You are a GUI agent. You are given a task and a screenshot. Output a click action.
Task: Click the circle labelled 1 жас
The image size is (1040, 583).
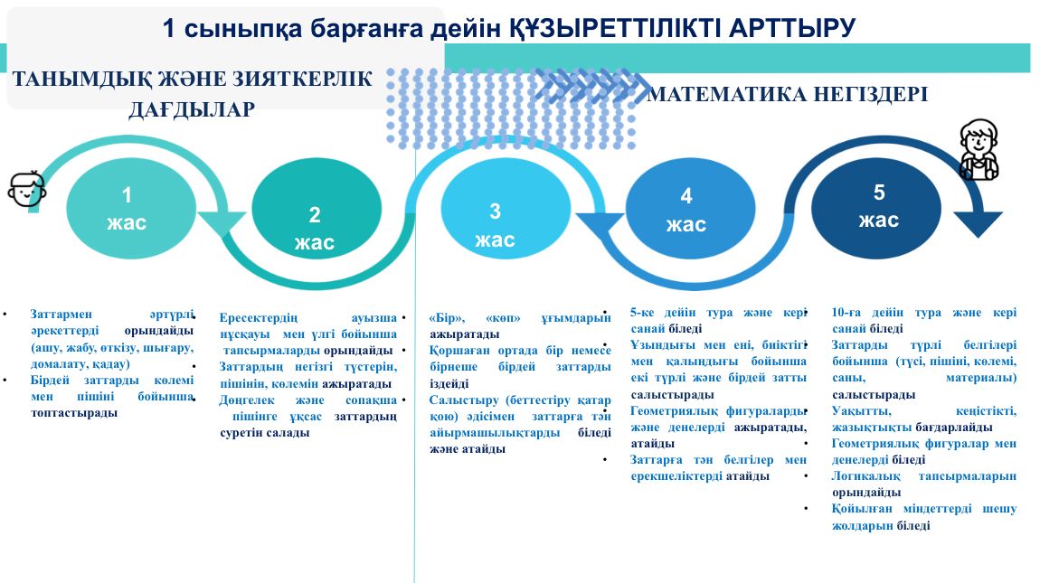pos(130,208)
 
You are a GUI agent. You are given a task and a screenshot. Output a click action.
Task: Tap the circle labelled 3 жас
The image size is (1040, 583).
pos(506,208)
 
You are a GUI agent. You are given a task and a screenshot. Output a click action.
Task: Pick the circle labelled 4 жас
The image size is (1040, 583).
pos(690,208)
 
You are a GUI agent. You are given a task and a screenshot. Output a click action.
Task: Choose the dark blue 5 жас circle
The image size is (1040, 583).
pos(876,208)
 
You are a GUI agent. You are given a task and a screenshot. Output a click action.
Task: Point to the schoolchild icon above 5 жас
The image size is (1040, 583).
pos(979,150)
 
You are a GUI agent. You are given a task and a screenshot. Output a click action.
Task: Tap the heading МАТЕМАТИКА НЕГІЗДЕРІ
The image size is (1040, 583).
pos(788,94)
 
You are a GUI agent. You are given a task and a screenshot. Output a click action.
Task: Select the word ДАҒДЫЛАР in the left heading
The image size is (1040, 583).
pos(192,109)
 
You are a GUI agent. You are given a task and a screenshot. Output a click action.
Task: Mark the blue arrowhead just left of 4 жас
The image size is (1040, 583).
pos(600,224)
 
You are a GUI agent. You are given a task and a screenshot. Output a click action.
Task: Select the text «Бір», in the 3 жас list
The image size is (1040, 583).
pos(447,317)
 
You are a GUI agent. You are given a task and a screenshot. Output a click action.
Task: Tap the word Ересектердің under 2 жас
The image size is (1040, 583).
pos(259,317)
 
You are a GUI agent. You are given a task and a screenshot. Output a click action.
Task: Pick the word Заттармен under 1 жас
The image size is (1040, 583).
pos(61,315)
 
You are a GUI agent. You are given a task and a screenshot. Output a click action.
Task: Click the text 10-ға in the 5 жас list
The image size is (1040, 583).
pos(846,313)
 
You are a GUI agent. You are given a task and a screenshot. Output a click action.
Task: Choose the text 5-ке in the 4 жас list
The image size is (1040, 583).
pos(643,313)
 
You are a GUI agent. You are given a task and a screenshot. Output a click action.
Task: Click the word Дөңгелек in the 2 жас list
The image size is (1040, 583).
pos(247,400)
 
